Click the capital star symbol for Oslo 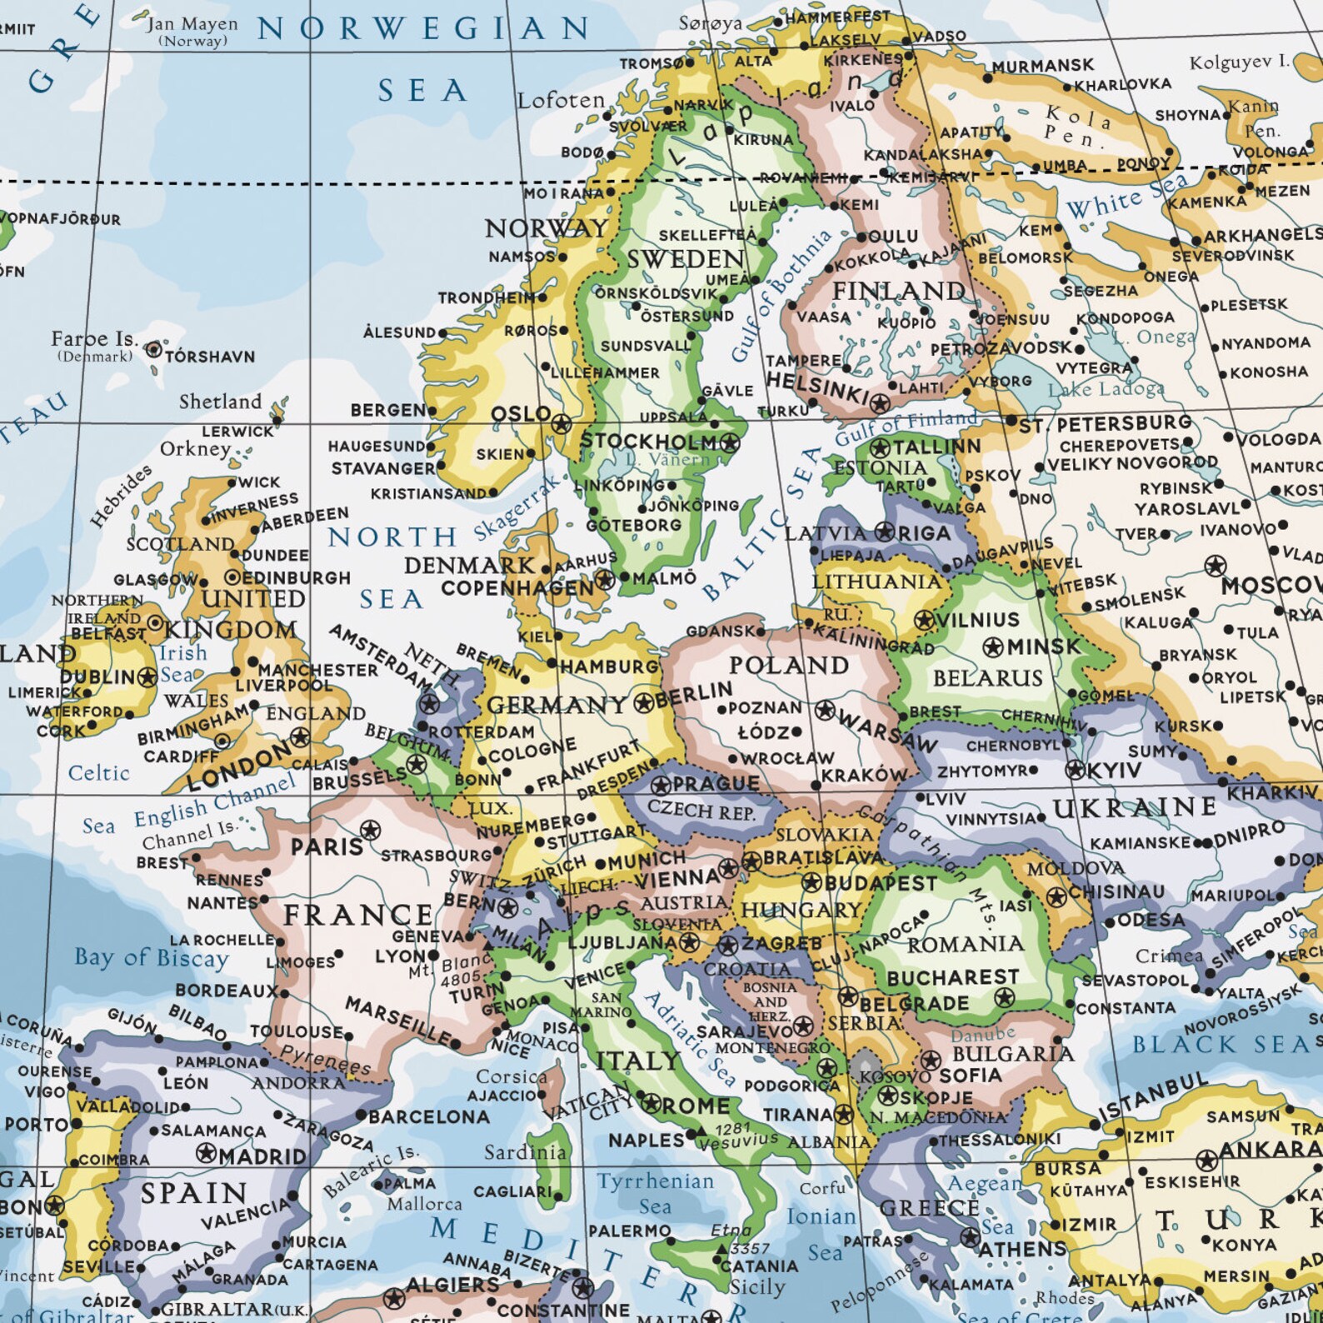tap(562, 422)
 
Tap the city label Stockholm tap(647, 442)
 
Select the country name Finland tap(898, 291)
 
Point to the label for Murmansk tap(1042, 66)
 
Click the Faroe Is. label tap(93, 339)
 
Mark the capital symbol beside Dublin tap(148, 676)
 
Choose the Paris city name tap(327, 847)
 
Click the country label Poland tap(788, 666)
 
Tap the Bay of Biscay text tap(151, 958)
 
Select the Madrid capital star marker tap(206, 1154)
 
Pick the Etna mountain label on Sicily tap(731, 1231)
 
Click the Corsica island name tap(511, 1076)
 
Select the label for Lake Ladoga tap(1106, 389)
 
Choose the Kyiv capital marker tap(1076, 771)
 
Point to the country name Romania tap(965, 944)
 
